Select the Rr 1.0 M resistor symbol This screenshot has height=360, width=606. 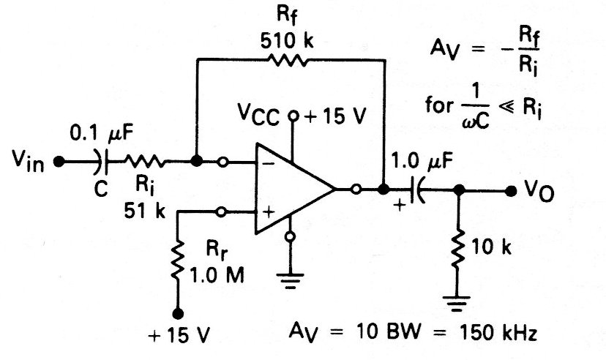(x=176, y=262)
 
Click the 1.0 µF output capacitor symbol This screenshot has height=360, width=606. (x=416, y=190)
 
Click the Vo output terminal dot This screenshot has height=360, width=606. (x=510, y=190)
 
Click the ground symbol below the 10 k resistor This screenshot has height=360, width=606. (x=458, y=303)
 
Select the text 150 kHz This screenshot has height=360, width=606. (x=498, y=334)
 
